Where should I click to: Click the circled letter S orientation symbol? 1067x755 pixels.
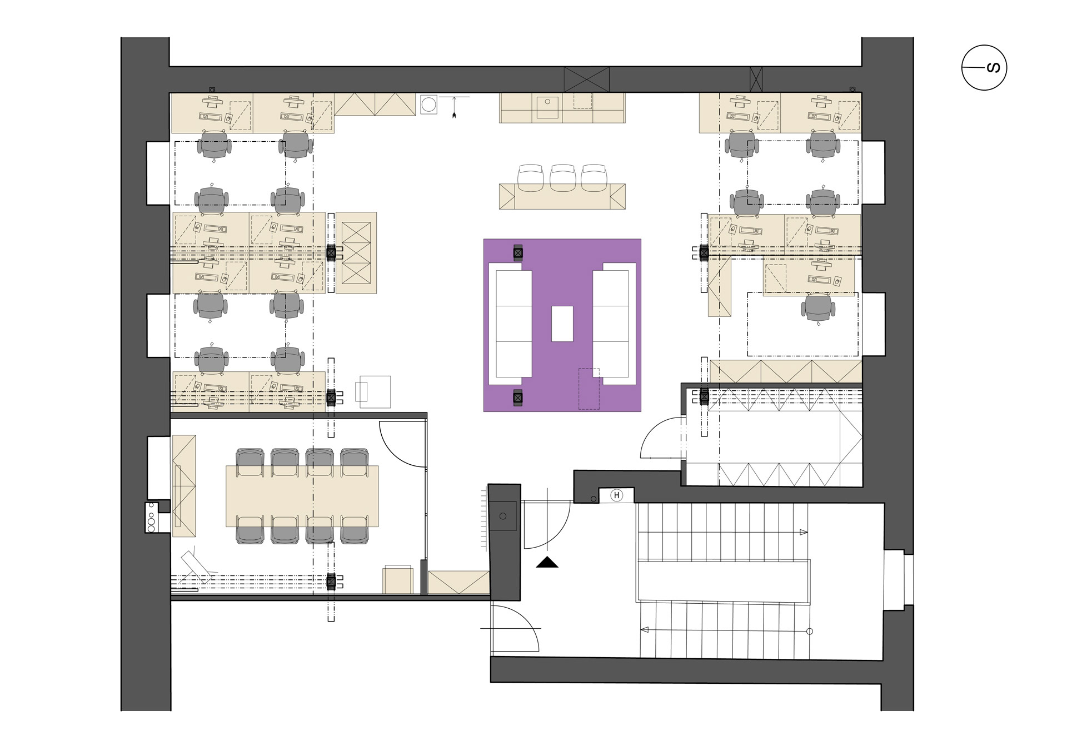pyautogui.click(x=984, y=68)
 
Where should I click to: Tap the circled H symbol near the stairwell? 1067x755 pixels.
pyautogui.click(x=616, y=495)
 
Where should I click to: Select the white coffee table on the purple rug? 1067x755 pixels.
pyautogui.click(x=562, y=324)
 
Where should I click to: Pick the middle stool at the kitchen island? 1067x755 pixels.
pyautogui.click(x=562, y=178)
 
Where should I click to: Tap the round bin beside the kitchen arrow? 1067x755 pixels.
pyautogui.click(x=428, y=105)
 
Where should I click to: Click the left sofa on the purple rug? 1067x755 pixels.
pyautogui.click(x=510, y=324)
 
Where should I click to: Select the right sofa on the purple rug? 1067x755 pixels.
pyautogui.click(x=614, y=324)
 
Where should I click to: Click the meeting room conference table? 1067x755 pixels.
pyautogui.click(x=302, y=496)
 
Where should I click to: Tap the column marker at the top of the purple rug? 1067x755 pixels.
pyautogui.click(x=518, y=253)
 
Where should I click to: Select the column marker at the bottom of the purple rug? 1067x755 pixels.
pyautogui.click(x=518, y=398)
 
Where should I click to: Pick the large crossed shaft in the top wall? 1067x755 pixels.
pyautogui.click(x=587, y=80)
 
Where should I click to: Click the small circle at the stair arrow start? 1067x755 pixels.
pyautogui.click(x=809, y=631)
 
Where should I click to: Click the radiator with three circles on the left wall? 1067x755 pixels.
pyautogui.click(x=151, y=517)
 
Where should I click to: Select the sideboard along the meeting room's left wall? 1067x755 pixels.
pyautogui.click(x=184, y=486)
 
